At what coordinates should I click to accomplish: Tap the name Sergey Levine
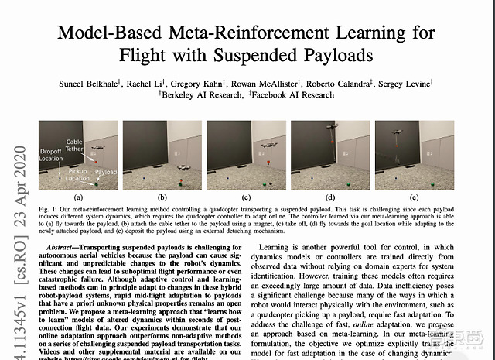click(409, 83)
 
